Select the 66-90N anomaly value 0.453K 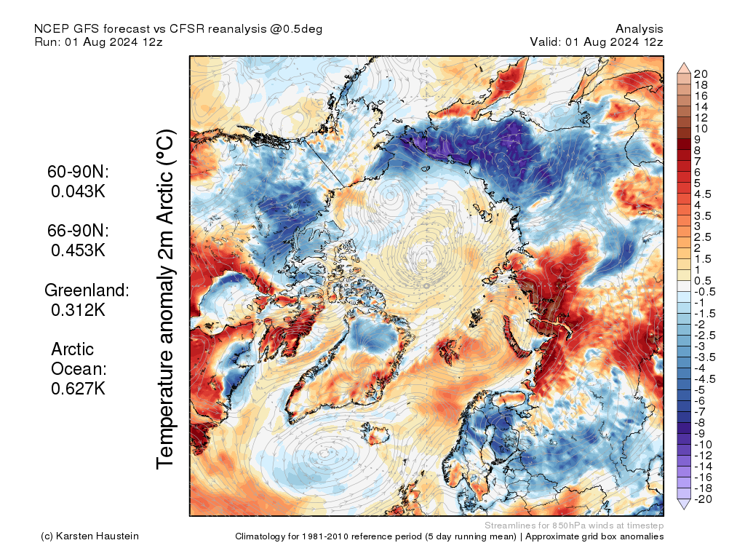click(x=78, y=250)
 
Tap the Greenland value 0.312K click(x=78, y=309)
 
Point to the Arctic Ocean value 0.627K click(x=78, y=388)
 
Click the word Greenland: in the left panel click(x=87, y=290)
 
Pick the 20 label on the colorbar click(x=701, y=74)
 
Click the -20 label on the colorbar click(x=704, y=499)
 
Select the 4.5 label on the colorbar click(x=704, y=194)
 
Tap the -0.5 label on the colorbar click(x=706, y=291)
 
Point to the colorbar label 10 click(x=701, y=128)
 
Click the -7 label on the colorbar click(x=701, y=411)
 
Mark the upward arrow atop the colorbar click(x=684, y=68)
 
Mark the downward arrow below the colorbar click(x=684, y=504)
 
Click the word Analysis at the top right click(x=639, y=28)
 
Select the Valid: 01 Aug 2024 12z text click(x=597, y=41)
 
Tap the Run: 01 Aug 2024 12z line click(x=98, y=41)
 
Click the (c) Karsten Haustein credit click(x=90, y=536)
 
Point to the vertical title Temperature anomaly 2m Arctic click(x=167, y=298)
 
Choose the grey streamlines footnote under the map click(x=573, y=526)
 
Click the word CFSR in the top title click(x=187, y=28)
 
